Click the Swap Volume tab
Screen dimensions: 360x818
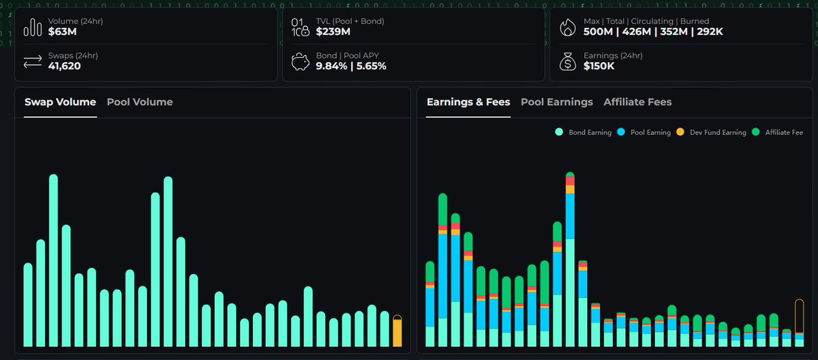[x=60, y=102]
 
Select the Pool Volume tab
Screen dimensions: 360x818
[x=140, y=102]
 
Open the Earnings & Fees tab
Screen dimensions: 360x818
[x=468, y=102]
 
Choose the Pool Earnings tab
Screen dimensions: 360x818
[x=557, y=102]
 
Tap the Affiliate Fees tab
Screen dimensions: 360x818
[x=637, y=102]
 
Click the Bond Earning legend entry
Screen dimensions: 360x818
[x=579, y=132]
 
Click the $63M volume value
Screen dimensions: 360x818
[x=61, y=31]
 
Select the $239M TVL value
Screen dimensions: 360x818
[x=333, y=31]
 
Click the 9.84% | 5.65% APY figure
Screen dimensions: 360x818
[x=351, y=66]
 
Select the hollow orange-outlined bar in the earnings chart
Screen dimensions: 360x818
[x=800, y=322]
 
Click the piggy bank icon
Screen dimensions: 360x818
[x=300, y=61]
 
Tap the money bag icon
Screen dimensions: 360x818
[x=567, y=61]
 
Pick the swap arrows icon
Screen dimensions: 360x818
[x=32, y=61]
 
